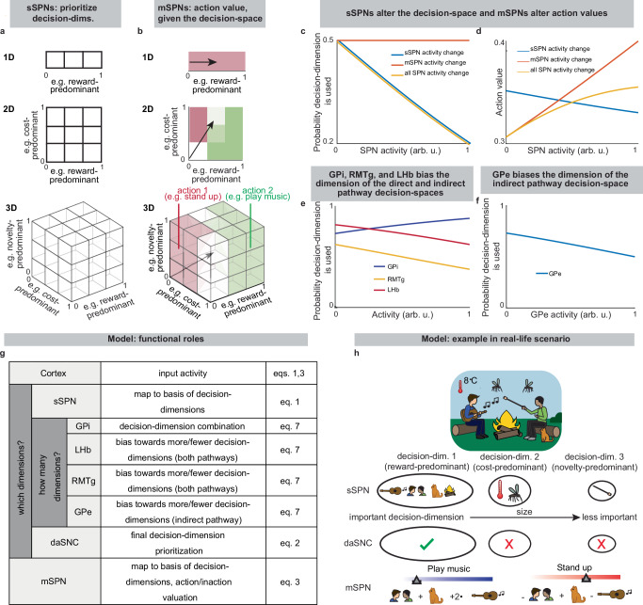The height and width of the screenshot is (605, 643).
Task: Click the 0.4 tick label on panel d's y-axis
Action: (x=497, y=40)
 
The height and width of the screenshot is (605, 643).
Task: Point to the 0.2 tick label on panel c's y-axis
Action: (x=329, y=141)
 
